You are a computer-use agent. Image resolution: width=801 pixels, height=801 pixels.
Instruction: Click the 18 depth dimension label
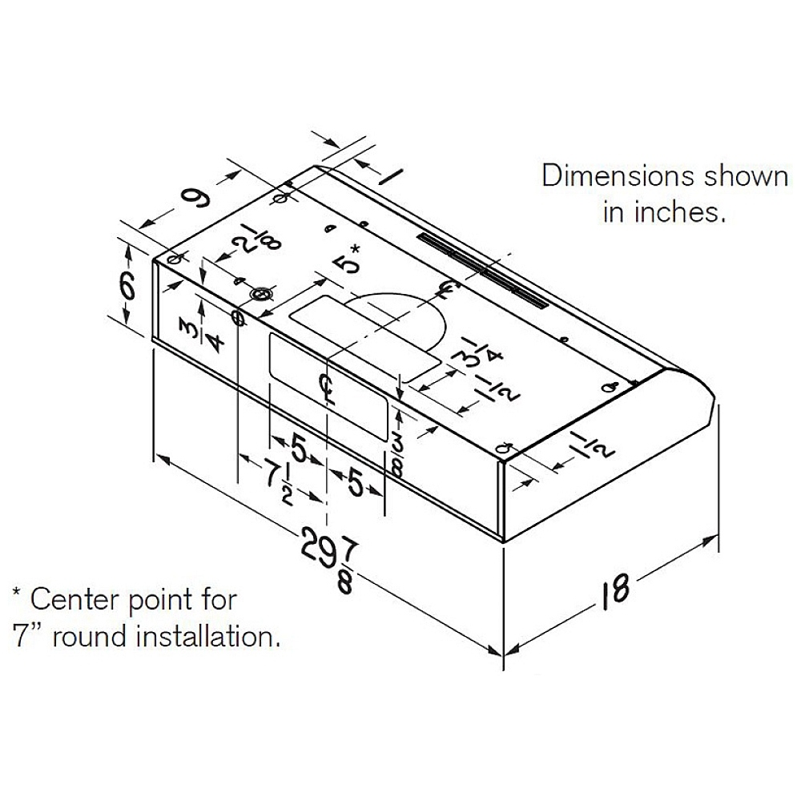pyautogui.click(x=614, y=592)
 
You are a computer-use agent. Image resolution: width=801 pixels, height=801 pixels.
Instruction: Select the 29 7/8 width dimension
pyautogui.click(x=327, y=559)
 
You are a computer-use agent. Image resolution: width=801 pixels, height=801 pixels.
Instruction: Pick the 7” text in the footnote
pyautogui.click(x=26, y=637)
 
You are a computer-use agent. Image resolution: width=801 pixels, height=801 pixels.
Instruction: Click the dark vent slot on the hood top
pyautogui.click(x=483, y=271)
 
